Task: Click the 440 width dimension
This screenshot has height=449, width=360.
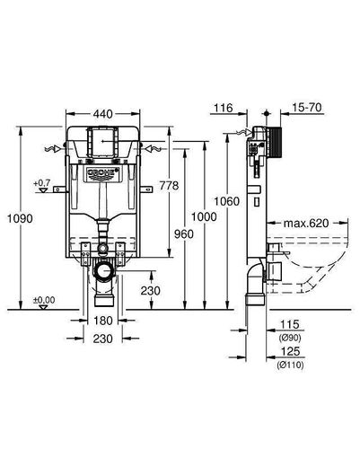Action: coord(102,114)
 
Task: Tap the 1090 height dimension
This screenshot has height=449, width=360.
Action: coord(20,218)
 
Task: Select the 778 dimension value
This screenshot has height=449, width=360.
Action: coord(169,186)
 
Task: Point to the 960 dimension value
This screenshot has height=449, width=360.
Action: coord(184,233)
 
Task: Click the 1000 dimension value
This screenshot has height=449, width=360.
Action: coord(204,216)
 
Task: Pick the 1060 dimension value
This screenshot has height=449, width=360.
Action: coord(226,201)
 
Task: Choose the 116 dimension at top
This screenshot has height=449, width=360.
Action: coord(224,108)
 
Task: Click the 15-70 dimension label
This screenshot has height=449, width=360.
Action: coord(307,107)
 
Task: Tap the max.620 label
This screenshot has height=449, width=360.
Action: coord(306,223)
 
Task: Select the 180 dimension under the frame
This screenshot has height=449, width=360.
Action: coord(103,321)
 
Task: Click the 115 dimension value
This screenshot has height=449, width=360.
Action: coord(290,324)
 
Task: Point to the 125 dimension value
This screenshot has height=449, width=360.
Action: coord(290,351)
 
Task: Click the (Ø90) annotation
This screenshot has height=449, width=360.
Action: coord(290,338)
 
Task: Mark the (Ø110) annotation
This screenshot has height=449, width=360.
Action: coord(290,365)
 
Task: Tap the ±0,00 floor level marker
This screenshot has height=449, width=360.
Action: coord(44,300)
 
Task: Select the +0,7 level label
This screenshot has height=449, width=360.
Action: coord(42,182)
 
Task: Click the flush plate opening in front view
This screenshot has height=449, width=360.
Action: coord(102,141)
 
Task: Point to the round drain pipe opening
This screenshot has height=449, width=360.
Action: coord(103,271)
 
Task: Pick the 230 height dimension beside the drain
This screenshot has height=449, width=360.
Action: coord(151,291)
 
